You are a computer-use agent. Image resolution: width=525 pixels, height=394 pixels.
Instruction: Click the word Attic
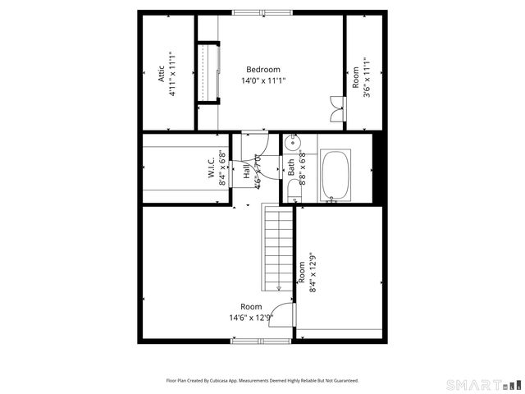point(162,73)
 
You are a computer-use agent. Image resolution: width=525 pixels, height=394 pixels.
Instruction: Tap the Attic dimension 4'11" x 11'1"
point(173,73)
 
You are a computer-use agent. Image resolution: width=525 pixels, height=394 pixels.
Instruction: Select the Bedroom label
point(263,70)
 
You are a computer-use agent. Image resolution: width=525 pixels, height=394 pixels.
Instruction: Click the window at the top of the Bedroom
point(262,12)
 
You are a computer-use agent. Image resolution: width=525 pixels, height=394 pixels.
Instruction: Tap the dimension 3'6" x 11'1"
point(366,77)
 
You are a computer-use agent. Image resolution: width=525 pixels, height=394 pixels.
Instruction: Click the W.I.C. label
point(212,169)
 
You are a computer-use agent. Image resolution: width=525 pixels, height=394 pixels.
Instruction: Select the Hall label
point(246,172)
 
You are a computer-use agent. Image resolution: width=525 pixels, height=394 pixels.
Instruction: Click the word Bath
point(291,168)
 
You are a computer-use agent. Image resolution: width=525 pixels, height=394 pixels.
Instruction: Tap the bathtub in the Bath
point(336,175)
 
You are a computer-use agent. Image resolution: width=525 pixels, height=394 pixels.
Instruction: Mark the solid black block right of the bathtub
point(379,168)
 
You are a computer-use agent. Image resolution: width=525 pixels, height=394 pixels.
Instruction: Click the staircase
point(278,246)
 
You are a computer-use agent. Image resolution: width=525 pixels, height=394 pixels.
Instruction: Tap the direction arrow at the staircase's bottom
point(279,286)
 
